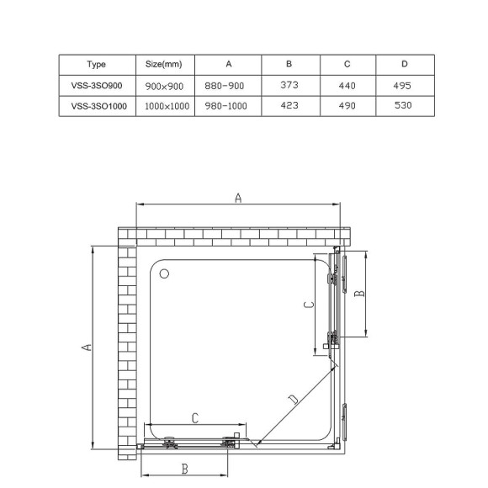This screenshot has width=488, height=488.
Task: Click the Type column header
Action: click(96, 64)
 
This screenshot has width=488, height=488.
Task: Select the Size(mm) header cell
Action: click(164, 64)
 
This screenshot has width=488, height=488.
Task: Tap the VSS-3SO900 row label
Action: click(96, 85)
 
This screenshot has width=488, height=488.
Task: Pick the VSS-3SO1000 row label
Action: click(96, 106)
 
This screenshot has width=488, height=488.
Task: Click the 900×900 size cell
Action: click(164, 85)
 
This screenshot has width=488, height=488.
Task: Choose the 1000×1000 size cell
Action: click(164, 106)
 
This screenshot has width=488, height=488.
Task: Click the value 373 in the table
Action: click(289, 85)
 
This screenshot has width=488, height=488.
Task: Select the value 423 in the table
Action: click(289, 106)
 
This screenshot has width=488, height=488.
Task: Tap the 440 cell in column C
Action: click(347, 85)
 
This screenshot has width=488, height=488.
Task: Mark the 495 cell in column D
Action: click(405, 85)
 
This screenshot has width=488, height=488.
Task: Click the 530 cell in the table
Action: click(405, 106)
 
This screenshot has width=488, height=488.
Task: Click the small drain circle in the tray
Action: click(164, 273)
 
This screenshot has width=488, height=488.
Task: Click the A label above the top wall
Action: click(238, 199)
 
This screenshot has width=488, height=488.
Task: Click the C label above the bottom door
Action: click(195, 417)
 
